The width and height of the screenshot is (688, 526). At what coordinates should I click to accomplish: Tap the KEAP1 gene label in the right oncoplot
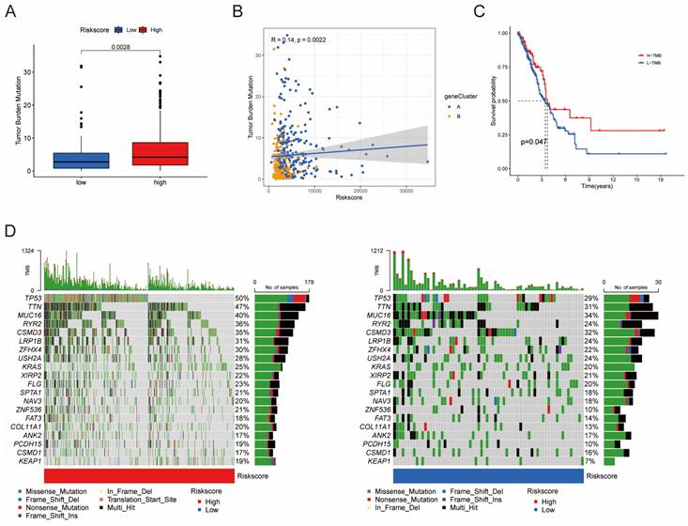coord(378,461)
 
